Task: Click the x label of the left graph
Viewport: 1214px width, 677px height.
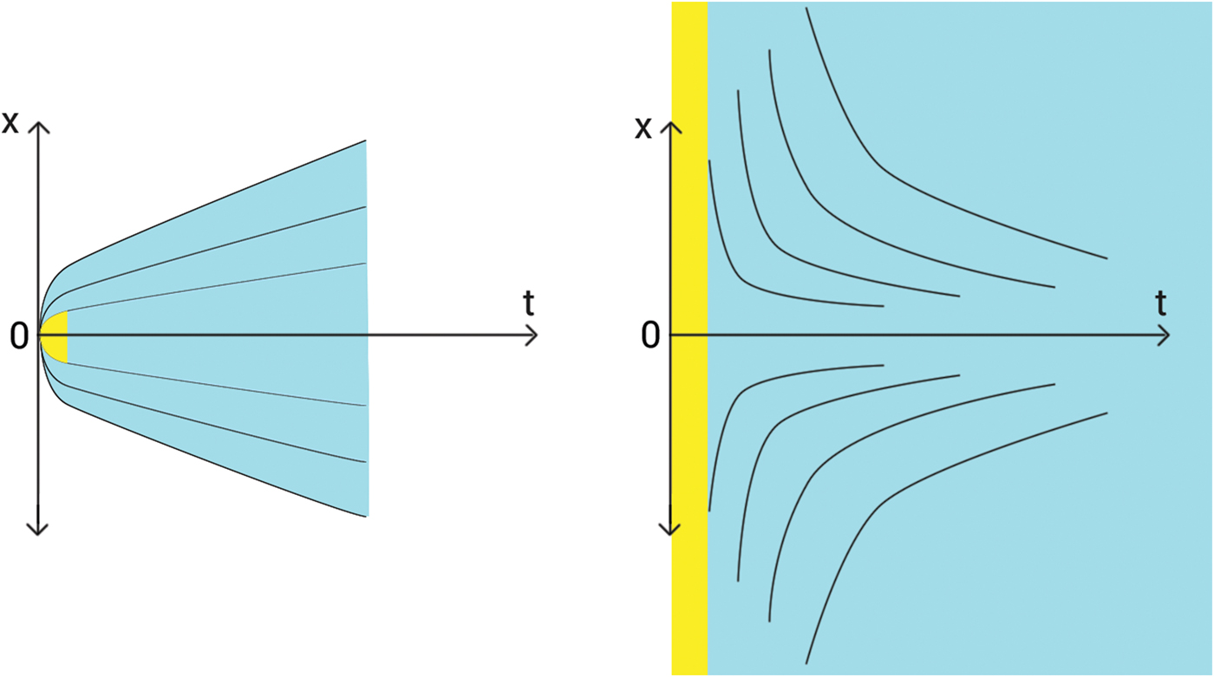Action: click(10, 122)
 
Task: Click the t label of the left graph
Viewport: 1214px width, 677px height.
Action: click(528, 303)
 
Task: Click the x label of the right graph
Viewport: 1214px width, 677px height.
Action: click(643, 128)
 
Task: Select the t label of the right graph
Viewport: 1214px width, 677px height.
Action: click(1160, 303)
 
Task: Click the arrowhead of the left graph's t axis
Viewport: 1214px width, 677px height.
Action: click(532, 335)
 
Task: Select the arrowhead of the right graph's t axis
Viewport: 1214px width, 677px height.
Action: click(1165, 335)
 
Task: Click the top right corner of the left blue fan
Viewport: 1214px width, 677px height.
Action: click(366, 140)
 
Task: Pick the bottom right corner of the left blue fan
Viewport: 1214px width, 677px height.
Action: click(367, 516)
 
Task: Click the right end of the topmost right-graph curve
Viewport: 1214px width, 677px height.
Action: click(1107, 258)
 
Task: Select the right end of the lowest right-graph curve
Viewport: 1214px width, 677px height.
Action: click(1107, 413)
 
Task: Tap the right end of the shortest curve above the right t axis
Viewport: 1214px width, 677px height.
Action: click(883, 306)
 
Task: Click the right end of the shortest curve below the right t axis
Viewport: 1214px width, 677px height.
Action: click(883, 365)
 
